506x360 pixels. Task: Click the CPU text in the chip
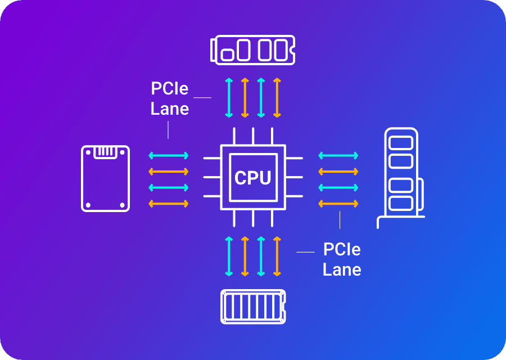click(x=252, y=178)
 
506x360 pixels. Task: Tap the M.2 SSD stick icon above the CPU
click(x=252, y=49)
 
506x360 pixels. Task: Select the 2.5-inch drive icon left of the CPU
click(x=106, y=178)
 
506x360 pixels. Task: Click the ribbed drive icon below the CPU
click(x=253, y=307)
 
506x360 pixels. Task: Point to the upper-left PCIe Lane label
click(x=169, y=98)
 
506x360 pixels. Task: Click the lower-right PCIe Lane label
click(x=342, y=259)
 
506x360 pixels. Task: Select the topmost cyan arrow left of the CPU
click(x=168, y=155)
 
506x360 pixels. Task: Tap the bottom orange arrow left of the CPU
click(x=168, y=202)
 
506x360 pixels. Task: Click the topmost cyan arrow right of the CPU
click(x=338, y=155)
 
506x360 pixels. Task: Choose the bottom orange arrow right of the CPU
click(x=338, y=202)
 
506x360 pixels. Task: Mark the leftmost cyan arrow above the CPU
click(x=229, y=98)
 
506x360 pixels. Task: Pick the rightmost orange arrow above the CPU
click(x=277, y=98)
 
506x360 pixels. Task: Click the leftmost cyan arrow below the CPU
click(x=229, y=256)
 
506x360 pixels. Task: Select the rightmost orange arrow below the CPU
click(x=277, y=256)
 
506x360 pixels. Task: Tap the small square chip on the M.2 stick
click(x=228, y=55)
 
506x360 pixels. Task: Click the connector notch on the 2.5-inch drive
click(x=105, y=152)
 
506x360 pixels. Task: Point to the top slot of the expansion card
click(x=401, y=142)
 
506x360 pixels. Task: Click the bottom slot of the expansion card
click(x=401, y=203)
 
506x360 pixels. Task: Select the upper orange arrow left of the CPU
click(x=168, y=171)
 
